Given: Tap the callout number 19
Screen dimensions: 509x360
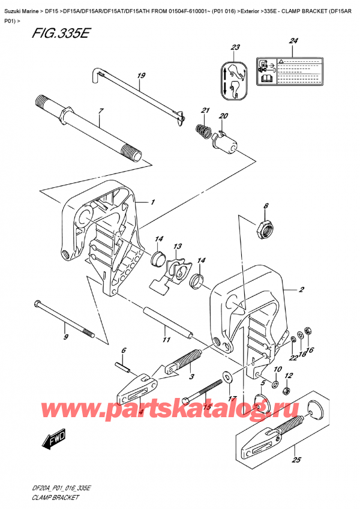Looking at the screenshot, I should click(141, 76).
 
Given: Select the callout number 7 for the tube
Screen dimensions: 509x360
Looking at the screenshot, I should click(101, 112).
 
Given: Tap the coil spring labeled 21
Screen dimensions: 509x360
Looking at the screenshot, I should click(202, 128).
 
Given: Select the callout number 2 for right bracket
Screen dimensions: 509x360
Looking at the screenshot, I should click(302, 290).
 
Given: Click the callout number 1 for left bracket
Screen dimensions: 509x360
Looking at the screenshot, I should click(153, 202).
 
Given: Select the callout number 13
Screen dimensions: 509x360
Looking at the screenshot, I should click(178, 247).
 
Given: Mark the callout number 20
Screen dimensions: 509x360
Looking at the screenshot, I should click(223, 116).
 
